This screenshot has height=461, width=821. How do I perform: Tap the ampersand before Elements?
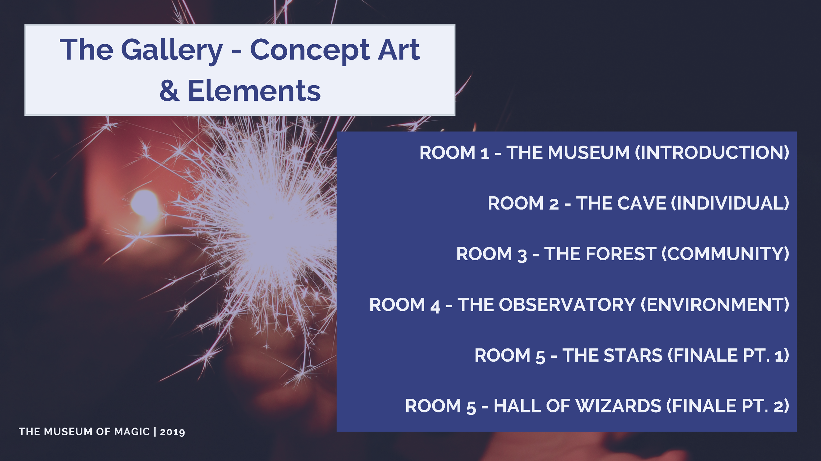169,91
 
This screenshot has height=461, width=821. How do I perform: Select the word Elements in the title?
254,91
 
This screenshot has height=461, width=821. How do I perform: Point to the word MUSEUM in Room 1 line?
588,153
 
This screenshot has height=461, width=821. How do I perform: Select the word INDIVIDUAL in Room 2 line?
730,203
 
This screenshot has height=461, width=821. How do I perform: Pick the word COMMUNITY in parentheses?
725,254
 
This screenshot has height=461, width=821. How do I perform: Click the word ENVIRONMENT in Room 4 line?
715,305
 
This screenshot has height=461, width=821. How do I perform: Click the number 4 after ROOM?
435,306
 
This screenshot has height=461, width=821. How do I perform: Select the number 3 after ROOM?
522,255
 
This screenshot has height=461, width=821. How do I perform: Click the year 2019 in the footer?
172,432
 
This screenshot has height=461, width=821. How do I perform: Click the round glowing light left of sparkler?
144,203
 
